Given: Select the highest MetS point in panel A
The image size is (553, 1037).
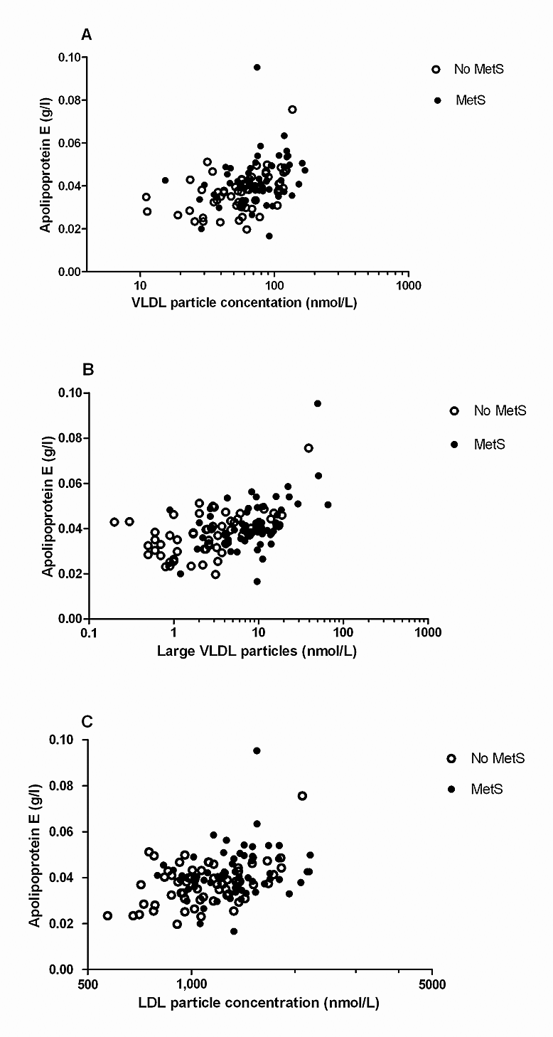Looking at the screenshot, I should tap(257, 68).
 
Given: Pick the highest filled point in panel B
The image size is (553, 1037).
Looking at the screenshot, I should tap(318, 403).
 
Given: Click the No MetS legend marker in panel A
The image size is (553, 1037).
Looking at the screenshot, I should tap(436, 69).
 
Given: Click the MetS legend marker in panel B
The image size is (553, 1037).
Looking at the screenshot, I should tap(454, 444).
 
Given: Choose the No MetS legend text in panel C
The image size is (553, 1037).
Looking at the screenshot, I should tap(498, 758).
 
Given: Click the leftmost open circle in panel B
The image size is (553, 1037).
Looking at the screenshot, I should tap(114, 522).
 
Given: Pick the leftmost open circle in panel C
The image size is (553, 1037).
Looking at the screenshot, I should tap(107, 915).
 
